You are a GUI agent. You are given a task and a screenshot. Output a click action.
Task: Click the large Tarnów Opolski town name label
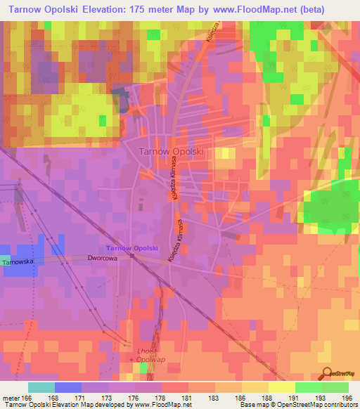171,151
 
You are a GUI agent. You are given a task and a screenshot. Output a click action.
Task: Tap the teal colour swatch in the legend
41,388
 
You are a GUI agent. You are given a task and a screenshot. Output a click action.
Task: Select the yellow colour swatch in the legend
281,388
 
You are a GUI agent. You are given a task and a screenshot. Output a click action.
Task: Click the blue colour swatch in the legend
67,388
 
